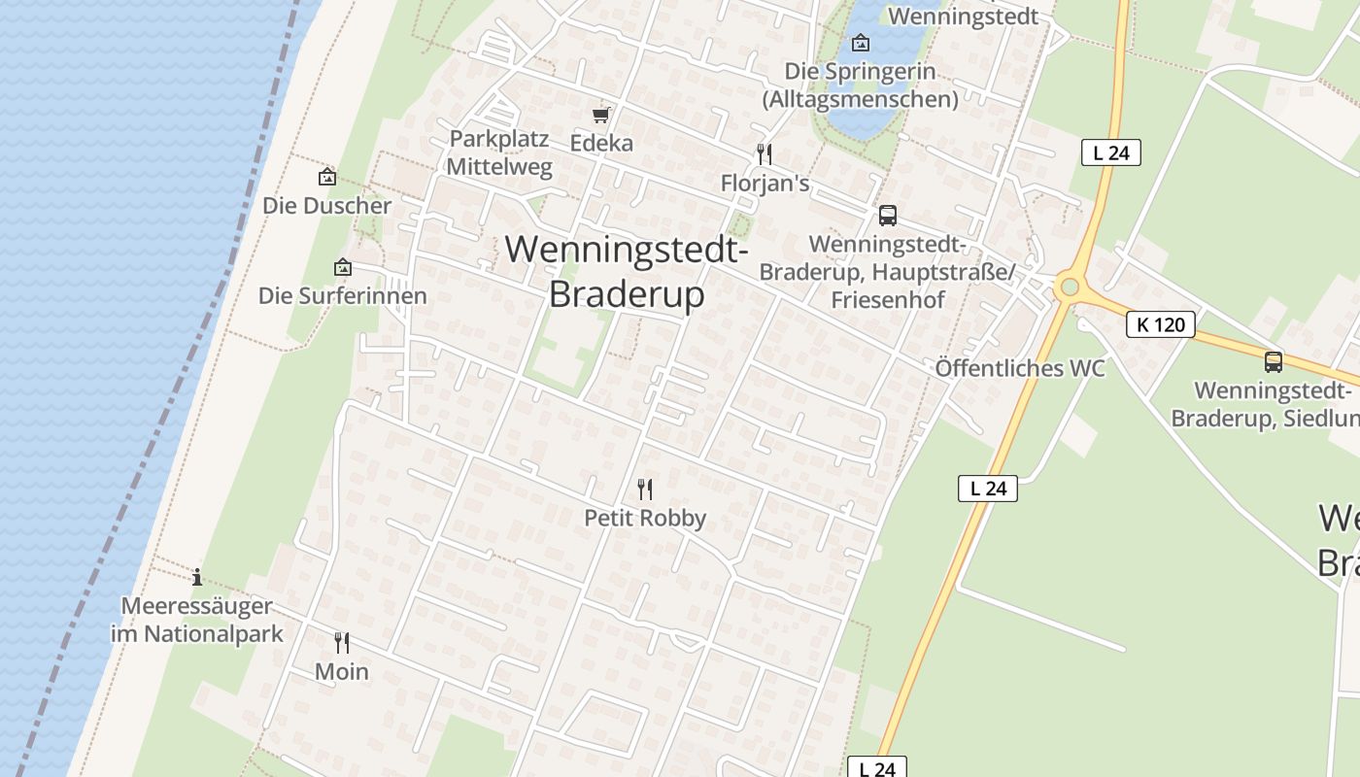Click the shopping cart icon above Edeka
pos(600,116)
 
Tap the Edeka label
pos(601,144)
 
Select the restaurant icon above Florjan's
pos(765,154)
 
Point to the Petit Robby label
pos(645,519)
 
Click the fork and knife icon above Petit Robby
pos(644,489)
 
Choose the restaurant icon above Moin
pos(342,643)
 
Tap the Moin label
pos(342,672)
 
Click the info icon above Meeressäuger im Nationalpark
pos(197,577)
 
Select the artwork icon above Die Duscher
pos(326,177)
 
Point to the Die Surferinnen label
pos(342,296)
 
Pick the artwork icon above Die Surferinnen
pos(342,267)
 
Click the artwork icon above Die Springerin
pos(860,43)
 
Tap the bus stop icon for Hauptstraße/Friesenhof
pos(887,216)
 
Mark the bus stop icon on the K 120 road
pos(1273,362)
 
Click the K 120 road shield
pos(1161,324)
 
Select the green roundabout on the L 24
pos(1071,287)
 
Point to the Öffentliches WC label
pos(1020,369)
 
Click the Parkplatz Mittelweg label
pos(499,152)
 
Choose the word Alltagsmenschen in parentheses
pos(860,99)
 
